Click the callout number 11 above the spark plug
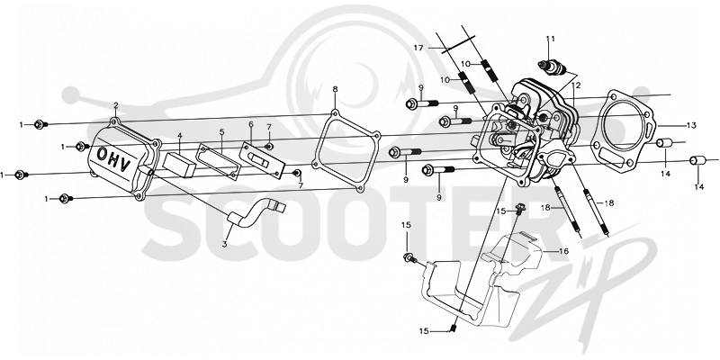coord(551,39)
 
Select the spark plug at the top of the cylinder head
coord(553,67)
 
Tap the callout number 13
coord(691,125)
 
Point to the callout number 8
coord(335,88)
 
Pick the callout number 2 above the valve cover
coord(116,105)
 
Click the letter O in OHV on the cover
coord(102,153)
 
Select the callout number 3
coord(224,244)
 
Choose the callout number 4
coord(180,135)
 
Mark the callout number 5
coord(221,131)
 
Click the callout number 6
coord(251,124)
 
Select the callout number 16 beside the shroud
coord(563,251)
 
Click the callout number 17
coord(418,48)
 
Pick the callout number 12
coord(576,85)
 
